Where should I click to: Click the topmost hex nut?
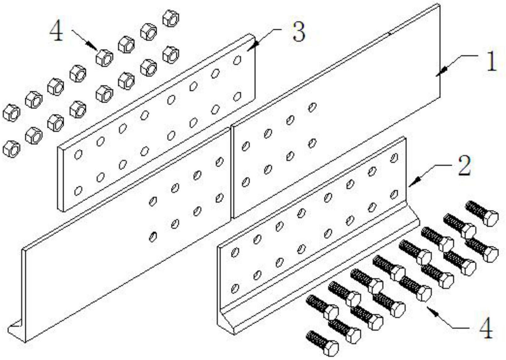[171, 18]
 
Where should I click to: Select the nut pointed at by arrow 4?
[104, 58]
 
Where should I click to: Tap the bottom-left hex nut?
[11, 149]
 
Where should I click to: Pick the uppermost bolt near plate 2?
[482, 213]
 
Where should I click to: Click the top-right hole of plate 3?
[237, 60]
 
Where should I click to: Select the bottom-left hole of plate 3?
[78, 190]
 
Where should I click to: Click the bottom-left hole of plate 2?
[235, 288]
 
